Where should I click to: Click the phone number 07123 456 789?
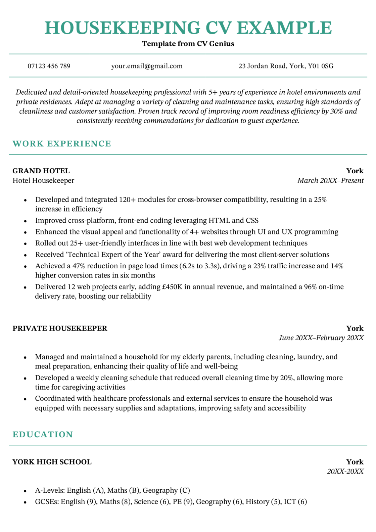(x=49, y=66)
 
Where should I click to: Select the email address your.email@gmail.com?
(x=147, y=66)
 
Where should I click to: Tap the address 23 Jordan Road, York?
(x=286, y=66)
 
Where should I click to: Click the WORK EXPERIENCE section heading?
(x=62, y=144)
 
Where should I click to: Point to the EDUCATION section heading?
(x=43, y=435)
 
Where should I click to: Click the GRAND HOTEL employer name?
(x=41, y=171)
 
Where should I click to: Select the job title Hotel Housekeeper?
(x=43, y=181)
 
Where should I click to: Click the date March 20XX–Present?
(x=330, y=181)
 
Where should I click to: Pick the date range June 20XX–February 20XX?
(x=321, y=338)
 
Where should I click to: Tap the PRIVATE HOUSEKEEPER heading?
(x=60, y=328)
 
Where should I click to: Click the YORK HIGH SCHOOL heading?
(x=52, y=462)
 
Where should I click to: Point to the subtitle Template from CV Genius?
(x=188, y=44)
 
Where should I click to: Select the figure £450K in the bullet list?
(x=172, y=287)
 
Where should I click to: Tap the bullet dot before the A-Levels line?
(x=25, y=491)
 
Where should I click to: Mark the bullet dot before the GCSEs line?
(x=25, y=502)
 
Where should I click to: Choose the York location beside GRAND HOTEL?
(x=355, y=171)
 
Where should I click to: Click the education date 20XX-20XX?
(x=345, y=472)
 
